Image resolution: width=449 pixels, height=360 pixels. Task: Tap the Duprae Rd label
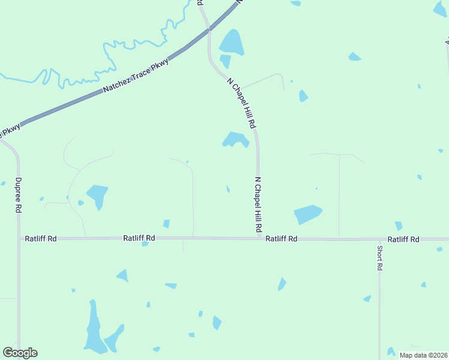(19, 196)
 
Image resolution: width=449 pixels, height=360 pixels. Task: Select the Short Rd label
(379, 257)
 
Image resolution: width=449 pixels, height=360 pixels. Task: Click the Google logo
(20, 353)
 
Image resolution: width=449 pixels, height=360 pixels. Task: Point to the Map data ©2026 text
(423, 355)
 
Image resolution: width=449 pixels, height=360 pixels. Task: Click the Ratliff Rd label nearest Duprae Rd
(41, 238)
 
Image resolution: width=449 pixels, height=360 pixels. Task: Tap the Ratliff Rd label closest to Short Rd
(403, 239)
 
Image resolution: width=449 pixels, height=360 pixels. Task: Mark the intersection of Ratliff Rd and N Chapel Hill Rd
(260, 238)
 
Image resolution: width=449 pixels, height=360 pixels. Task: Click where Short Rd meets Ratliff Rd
(379, 239)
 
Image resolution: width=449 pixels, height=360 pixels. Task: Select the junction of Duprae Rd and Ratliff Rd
(19, 238)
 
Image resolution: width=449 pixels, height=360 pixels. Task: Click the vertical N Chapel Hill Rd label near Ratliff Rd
(258, 205)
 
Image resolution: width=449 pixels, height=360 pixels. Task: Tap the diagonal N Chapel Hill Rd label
(242, 103)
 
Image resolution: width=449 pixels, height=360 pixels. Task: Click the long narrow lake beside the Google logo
(93, 329)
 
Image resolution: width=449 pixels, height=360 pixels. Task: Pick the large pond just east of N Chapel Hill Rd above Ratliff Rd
(307, 214)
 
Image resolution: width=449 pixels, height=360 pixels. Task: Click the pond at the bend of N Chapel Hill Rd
(236, 140)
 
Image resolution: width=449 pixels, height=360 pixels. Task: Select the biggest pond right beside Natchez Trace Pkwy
(231, 42)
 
